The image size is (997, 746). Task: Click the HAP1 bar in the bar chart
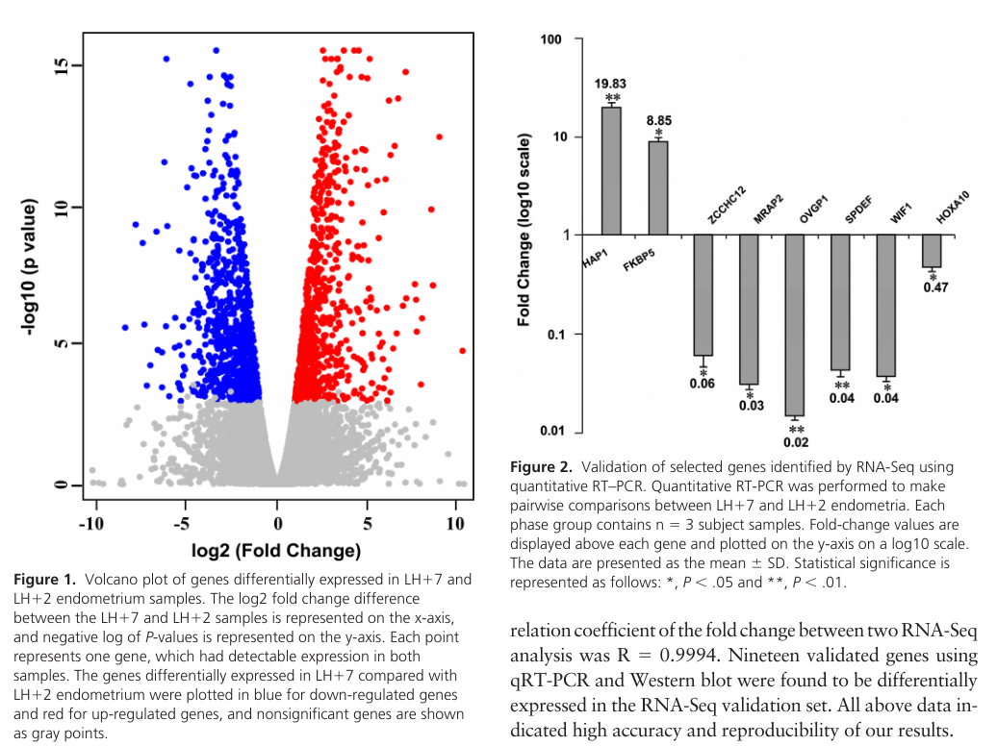[x=611, y=171]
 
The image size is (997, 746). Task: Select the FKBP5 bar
[x=657, y=188]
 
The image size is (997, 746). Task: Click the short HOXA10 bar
[x=932, y=251]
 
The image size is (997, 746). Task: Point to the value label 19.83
[x=610, y=84]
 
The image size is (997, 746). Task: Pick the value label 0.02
[x=796, y=443]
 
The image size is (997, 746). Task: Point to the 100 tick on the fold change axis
[x=550, y=39]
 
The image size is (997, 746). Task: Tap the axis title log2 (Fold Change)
[x=277, y=551]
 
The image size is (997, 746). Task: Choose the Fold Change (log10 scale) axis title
[x=524, y=236]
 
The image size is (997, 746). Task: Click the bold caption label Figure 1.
[x=43, y=580]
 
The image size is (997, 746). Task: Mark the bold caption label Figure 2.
[x=541, y=467]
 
